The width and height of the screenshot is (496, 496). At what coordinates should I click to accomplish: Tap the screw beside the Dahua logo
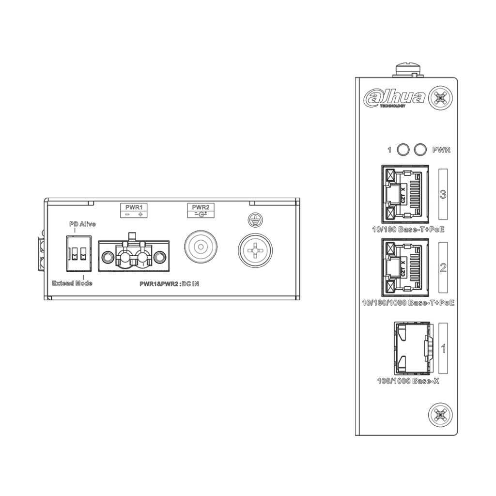click(440, 98)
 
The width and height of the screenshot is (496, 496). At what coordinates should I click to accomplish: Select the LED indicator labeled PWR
click(420, 150)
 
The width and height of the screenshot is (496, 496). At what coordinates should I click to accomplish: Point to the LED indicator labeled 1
click(403, 150)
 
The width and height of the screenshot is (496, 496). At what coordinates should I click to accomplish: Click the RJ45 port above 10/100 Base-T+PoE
click(405, 194)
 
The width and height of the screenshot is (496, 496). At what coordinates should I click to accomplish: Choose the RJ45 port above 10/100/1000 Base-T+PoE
click(405, 267)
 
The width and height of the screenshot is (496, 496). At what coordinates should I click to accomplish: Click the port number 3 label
click(443, 194)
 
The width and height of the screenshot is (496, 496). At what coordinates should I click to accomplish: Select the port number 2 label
click(443, 267)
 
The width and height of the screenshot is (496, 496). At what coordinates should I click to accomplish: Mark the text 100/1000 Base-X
click(408, 381)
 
